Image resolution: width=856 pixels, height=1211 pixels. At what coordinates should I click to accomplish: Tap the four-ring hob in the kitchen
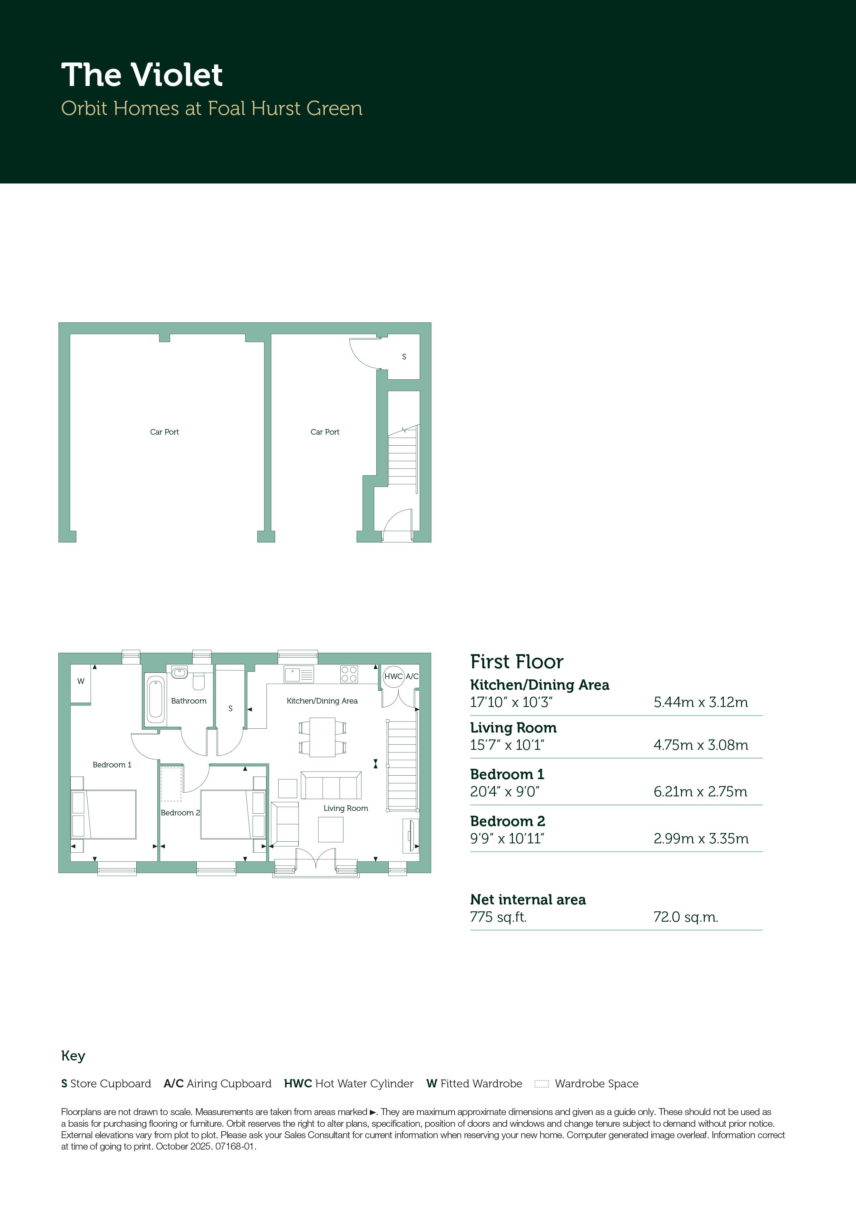pos(349,675)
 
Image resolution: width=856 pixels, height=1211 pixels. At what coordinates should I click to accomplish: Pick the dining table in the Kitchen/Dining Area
pos(322,737)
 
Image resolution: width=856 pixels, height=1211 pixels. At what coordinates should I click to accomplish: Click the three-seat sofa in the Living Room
pos(331,785)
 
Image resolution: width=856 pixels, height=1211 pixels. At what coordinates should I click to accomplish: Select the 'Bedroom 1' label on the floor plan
pos(112,765)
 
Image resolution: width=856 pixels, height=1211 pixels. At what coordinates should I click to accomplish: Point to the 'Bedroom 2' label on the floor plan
pos(181,813)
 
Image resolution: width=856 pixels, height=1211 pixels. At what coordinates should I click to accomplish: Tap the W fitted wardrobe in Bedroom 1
pos(81,684)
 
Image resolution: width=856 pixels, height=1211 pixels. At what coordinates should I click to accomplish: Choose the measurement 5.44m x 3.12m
pos(700,702)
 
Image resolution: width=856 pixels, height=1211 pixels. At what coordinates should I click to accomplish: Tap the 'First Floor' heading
pos(517,661)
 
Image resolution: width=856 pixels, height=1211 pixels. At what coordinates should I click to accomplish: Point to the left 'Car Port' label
pos(165,432)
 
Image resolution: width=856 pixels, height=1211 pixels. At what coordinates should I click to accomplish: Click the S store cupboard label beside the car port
pos(404,357)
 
